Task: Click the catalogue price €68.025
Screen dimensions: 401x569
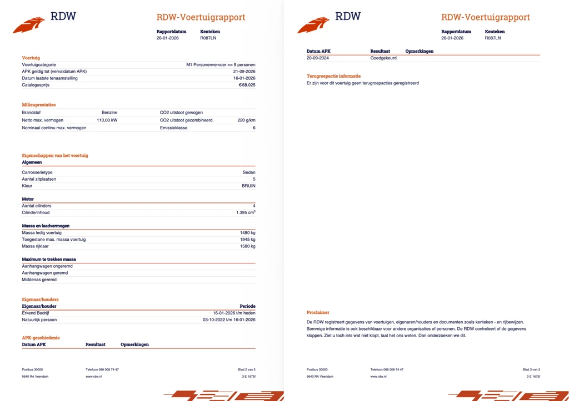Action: [247, 85]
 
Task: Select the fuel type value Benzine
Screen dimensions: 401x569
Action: [109, 113]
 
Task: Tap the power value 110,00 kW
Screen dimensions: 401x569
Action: [107, 120]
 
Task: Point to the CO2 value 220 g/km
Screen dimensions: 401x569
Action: [246, 120]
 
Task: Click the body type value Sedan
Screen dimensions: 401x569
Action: [249, 172]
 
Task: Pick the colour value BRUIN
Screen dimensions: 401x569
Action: [248, 186]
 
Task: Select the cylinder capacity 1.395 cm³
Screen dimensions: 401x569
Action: [246, 212]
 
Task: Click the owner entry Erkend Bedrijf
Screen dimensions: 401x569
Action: [36, 313]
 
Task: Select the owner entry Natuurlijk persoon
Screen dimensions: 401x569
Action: [39, 319]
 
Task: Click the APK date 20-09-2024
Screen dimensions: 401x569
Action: [318, 58]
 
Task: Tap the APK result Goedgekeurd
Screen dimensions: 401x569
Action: [383, 58]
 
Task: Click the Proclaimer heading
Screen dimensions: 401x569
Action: [318, 312]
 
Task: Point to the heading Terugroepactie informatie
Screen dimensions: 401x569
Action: [333, 76]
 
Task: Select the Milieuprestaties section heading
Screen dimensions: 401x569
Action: [38, 105]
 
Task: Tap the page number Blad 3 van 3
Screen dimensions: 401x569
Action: [531, 369]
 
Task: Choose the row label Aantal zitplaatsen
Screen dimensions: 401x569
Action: [39, 179]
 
